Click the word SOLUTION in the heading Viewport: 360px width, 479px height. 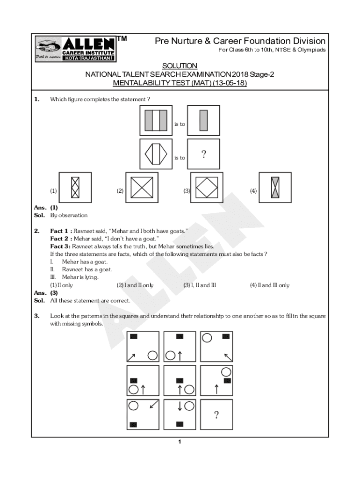(180, 66)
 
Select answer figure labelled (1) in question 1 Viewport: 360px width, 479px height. (75, 189)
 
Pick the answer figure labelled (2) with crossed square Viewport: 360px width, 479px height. (142, 189)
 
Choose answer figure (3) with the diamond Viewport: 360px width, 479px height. (207, 189)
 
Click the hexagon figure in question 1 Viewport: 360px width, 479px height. (156, 154)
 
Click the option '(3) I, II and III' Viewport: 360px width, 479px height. (200, 285)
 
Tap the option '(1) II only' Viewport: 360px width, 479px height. (62, 285)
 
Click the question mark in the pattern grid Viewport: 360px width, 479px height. (216, 414)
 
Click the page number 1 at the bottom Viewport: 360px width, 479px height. (180, 443)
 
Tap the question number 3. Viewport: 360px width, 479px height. (36, 316)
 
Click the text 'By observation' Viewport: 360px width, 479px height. (69, 216)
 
